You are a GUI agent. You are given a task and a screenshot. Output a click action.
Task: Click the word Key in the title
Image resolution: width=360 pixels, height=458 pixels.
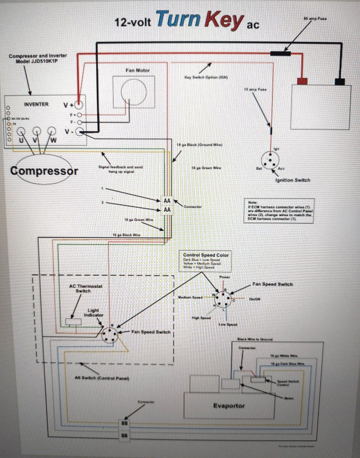pyautogui.click(x=224, y=21)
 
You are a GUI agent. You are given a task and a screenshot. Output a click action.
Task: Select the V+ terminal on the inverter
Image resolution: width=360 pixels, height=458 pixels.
pyautogui.click(x=79, y=105)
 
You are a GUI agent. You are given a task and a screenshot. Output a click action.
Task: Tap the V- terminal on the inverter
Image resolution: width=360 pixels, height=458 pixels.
pyautogui.click(x=80, y=132)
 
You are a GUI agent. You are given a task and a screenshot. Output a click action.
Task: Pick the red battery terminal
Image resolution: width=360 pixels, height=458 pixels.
pyautogui.click(x=302, y=81)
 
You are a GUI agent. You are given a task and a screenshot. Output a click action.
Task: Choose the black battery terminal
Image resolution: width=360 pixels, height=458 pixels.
pyautogui.click(x=340, y=81)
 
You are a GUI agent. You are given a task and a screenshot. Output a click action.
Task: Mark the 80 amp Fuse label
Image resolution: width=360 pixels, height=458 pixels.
pyautogui.click(x=315, y=19)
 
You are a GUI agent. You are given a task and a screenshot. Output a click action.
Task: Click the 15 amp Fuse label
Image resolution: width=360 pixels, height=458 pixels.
pyautogui.click(x=255, y=90)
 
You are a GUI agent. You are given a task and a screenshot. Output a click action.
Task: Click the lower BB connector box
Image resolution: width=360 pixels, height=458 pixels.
pyautogui.click(x=124, y=435)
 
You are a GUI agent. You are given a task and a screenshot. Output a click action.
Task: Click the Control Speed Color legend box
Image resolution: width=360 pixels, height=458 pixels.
pyautogui.click(x=206, y=261)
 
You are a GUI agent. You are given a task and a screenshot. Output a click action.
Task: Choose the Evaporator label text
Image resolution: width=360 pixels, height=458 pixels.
pyautogui.click(x=229, y=406)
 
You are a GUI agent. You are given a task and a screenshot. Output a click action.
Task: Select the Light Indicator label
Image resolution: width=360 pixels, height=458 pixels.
pyautogui.click(x=93, y=312)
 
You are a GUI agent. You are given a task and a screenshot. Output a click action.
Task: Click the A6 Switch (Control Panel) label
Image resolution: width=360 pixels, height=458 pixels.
pyautogui.click(x=102, y=378)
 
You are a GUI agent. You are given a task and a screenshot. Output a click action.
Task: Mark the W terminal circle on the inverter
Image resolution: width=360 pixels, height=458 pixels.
pyautogui.click(x=51, y=131)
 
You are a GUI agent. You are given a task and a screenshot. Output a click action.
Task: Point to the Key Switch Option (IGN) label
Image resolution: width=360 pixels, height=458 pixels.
pyautogui.click(x=206, y=77)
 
